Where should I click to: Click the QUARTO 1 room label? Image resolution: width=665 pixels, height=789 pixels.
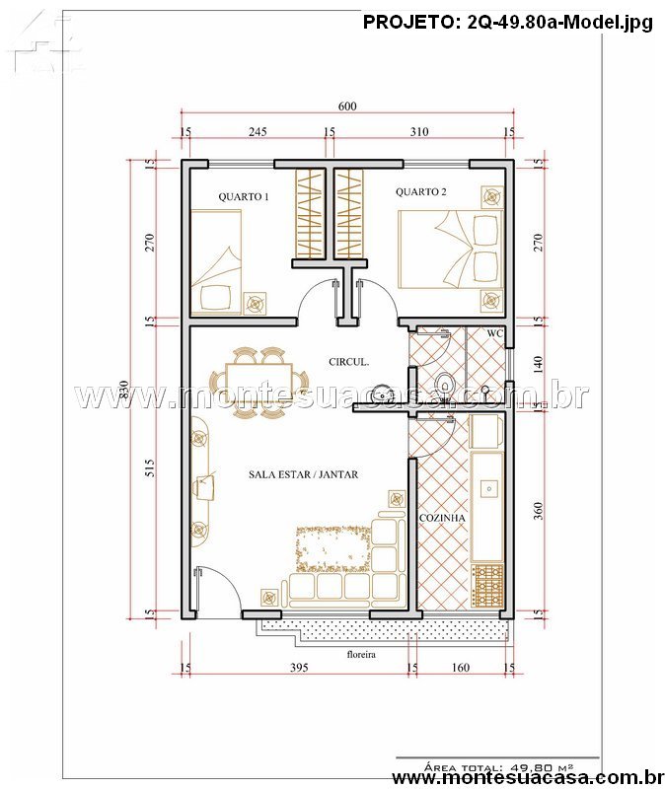tap(243, 196)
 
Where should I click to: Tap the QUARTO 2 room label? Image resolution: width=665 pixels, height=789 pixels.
tap(421, 191)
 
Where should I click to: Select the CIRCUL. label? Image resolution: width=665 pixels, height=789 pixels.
tap(349, 361)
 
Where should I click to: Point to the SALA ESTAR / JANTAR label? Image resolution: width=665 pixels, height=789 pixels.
tap(304, 474)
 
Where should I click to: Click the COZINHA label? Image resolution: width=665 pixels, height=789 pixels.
tap(442, 518)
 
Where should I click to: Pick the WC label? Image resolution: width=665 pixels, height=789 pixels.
tap(495, 333)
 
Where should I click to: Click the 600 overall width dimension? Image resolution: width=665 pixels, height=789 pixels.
tap(347, 107)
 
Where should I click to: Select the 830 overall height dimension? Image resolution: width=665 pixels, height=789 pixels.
tap(124, 390)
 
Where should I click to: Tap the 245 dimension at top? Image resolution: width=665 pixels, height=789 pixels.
tap(258, 132)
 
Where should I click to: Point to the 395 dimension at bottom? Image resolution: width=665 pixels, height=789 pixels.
tap(299, 668)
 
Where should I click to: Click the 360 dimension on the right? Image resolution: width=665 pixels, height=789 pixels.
tap(538, 511)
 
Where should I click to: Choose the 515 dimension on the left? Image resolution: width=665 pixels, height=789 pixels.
tap(150, 467)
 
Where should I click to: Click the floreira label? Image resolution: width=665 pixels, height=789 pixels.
tap(361, 654)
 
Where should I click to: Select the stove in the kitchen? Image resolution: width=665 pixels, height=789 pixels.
tap(487, 585)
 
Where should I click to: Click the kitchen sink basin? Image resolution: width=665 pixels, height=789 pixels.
tap(488, 488)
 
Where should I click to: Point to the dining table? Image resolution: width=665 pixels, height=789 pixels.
tap(259, 383)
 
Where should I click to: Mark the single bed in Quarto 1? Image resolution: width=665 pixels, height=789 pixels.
tap(216, 262)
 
